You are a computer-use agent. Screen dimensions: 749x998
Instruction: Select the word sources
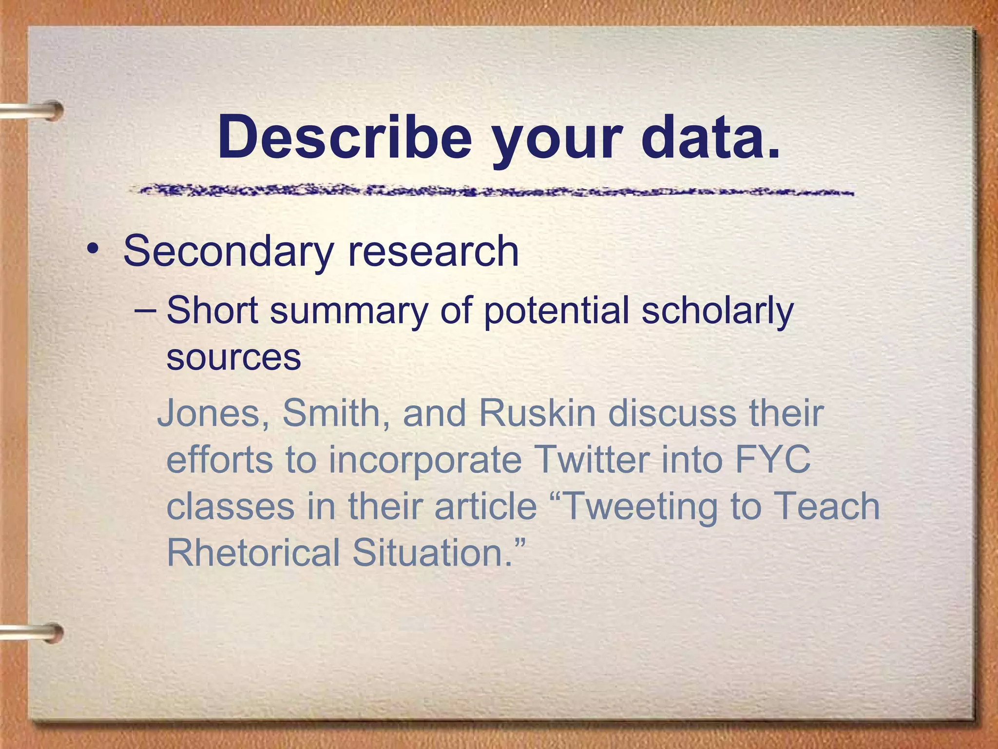pos(233,357)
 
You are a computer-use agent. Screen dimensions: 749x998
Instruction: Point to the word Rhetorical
pos(253,552)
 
